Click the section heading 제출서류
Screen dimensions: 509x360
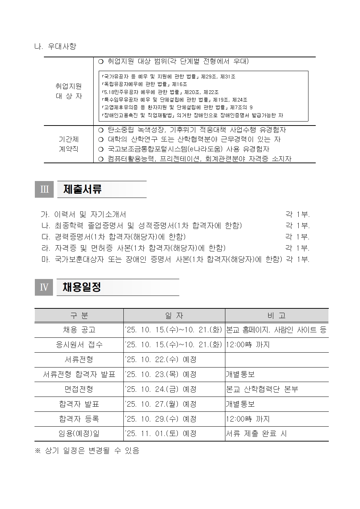[82, 189]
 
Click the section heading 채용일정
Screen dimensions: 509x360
[82, 287]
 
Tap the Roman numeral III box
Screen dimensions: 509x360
[44, 189]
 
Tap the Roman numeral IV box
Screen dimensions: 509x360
[44, 287]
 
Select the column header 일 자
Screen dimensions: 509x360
[174, 316]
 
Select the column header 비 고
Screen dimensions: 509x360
[277, 316]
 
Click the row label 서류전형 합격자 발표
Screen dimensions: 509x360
[79, 374]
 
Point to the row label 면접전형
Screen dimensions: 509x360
[79, 389]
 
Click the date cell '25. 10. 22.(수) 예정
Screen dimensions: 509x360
[160, 360]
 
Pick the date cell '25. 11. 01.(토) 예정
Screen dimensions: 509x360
[160, 434]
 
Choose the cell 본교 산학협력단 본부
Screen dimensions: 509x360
[262, 389]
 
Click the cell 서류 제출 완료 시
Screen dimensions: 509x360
[256, 434]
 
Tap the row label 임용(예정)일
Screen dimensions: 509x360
[79, 434]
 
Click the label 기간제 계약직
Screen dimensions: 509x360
[69, 144]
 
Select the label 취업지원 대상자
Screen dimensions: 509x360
[69, 91]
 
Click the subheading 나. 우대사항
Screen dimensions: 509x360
[55, 47]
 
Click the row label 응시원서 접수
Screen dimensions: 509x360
[79, 345]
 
